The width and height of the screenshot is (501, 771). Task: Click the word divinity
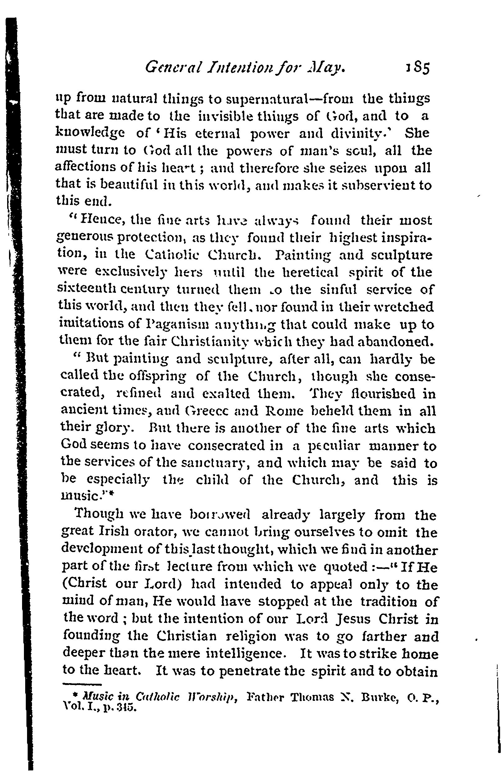370,134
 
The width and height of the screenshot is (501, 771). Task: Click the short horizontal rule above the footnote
82,684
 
